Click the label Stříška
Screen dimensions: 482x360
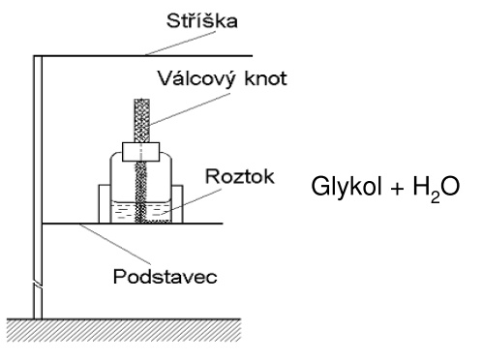[x=202, y=20]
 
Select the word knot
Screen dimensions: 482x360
[x=265, y=78]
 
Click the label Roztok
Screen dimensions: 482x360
[x=240, y=176]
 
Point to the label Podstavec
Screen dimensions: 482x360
[x=166, y=277]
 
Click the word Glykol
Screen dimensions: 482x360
[x=346, y=187]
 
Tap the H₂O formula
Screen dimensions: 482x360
[x=437, y=188]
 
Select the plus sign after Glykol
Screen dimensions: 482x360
[x=397, y=189]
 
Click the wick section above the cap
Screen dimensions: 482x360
[x=142, y=120]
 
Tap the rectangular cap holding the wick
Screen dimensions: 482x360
[x=141, y=152]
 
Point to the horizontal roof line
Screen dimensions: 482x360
[x=142, y=56]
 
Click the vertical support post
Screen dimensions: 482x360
[x=38, y=187]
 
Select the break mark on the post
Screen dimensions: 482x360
[x=38, y=285]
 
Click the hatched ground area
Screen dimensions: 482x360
[x=124, y=330]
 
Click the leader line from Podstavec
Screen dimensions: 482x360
[x=115, y=244]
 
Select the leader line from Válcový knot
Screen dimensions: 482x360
[x=190, y=109]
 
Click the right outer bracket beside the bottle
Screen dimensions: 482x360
[x=177, y=203]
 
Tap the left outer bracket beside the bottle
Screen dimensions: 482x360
[x=105, y=203]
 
